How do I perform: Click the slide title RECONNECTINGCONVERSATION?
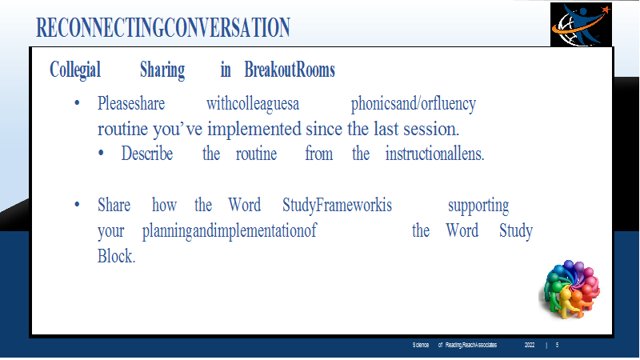click(163, 28)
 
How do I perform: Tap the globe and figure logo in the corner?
click(581, 25)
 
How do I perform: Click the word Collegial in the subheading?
click(75, 70)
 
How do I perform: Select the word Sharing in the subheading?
click(162, 70)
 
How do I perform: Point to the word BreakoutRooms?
click(290, 70)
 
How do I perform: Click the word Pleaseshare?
click(131, 104)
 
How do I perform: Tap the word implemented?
click(254, 129)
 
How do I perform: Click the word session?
click(431, 130)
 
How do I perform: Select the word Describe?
click(147, 154)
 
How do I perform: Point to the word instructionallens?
click(434, 154)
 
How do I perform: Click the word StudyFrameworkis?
click(337, 206)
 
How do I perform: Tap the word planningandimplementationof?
click(230, 231)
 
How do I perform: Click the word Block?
click(116, 256)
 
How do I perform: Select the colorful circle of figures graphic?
click(570, 289)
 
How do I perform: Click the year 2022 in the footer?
click(530, 346)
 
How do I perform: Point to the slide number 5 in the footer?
click(557, 346)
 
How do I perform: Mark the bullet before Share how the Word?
click(77, 204)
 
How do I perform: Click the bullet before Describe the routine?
click(101, 154)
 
